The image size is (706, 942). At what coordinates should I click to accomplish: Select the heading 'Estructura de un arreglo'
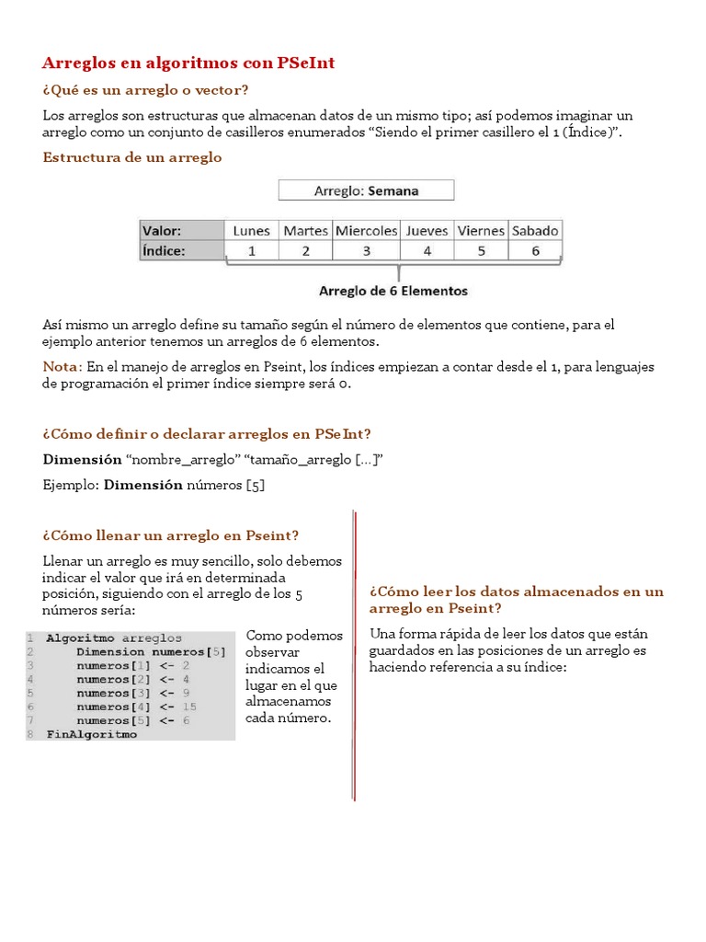point(132,157)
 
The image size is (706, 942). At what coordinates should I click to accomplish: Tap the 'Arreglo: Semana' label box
point(366,190)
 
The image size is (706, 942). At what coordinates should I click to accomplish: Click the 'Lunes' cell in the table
point(251,230)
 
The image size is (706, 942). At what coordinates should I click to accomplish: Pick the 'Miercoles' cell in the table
point(366,230)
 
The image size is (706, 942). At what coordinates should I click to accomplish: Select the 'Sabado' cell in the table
point(535,230)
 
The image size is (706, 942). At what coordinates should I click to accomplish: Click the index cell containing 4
point(427,250)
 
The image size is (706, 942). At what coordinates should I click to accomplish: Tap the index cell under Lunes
point(251,250)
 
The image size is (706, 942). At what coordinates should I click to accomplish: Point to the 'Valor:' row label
point(162,230)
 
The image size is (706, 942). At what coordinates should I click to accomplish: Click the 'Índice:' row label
point(164,250)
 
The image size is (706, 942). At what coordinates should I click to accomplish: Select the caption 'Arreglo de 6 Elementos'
point(393,291)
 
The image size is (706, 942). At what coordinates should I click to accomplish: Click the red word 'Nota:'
point(63,367)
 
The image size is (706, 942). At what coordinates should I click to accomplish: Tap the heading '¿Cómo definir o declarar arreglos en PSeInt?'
point(207,434)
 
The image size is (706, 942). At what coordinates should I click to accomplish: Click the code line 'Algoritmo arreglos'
point(114,638)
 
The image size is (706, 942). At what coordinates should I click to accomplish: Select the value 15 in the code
point(189,706)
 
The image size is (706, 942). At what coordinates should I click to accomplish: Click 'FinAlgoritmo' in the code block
point(91,734)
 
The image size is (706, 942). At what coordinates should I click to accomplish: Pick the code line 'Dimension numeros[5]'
point(151,651)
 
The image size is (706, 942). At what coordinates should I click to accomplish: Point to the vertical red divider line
point(354,653)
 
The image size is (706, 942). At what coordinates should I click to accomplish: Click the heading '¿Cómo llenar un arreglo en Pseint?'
point(171,535)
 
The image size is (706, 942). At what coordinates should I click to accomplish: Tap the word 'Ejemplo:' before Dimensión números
point(71,485)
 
